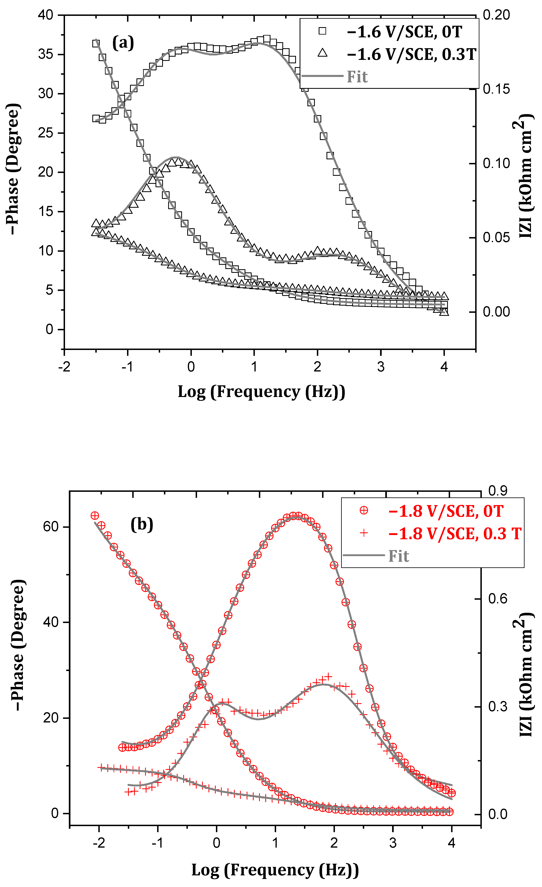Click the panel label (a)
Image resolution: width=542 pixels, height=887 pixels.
click(123, 43)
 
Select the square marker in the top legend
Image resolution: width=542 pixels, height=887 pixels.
click(322, 31)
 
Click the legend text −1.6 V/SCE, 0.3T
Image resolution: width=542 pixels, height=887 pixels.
click(411, 54)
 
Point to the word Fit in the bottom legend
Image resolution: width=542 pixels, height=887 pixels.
click(399, 556)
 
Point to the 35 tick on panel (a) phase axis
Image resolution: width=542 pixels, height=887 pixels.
click(46, 54)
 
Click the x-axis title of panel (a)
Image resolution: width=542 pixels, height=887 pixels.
click(261, 392)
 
